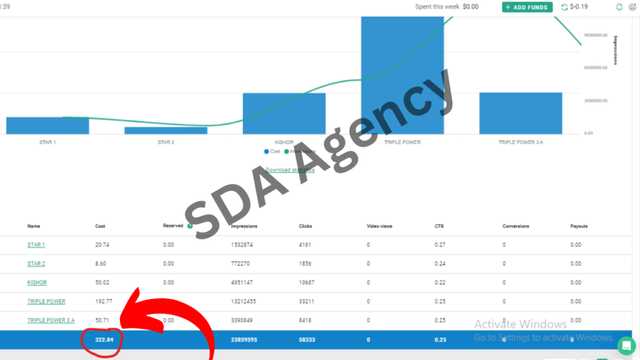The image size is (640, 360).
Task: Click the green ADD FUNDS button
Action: point(527,7)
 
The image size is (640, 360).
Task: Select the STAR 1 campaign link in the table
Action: point(36,245)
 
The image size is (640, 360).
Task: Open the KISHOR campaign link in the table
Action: point(37,282)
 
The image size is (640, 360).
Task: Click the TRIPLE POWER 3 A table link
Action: point(51,320)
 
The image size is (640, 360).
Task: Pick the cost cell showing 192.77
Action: point(102,301)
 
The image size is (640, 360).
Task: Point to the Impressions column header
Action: point(244,226)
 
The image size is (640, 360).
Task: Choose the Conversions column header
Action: point(516,226)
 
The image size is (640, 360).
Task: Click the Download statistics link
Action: point(290,169)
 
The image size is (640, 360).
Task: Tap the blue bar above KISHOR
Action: point(284,113)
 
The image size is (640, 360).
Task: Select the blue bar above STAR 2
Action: point(166,130)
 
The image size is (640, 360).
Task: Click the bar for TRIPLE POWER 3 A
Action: point(521,113)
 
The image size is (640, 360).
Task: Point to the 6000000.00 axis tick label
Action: point(596,67)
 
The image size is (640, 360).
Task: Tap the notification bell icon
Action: point(619,7)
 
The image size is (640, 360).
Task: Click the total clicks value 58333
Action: point(307,340)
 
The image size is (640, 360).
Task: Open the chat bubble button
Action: point(626,346)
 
